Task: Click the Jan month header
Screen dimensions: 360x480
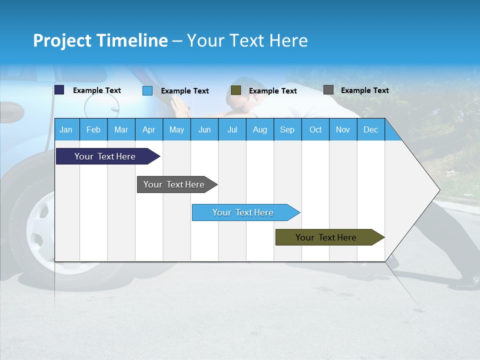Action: click(x=66, y=130)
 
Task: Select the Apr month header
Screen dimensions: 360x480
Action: click(x=148, y=130)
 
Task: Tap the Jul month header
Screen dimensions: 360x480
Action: click(x=232, y=130)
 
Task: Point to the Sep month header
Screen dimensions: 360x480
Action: click(x=287, y=130)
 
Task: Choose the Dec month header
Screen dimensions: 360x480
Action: click(x=370, y=130)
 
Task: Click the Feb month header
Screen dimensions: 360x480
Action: click(x=93, y=130)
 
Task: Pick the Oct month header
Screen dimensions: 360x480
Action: click(x=315, y=130)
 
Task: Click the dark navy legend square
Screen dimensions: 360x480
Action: click(x=59, y=90)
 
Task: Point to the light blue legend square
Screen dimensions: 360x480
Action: click(x=147, y=90)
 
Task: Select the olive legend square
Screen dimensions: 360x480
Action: click(x=236, y=90)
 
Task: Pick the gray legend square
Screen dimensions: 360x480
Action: click(x=328, y=90)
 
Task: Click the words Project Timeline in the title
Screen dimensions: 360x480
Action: click(x=100, y=40)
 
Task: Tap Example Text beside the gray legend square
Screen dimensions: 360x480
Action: click(x=364, y=90)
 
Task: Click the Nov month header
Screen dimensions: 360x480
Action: click(x=343, y=130)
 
